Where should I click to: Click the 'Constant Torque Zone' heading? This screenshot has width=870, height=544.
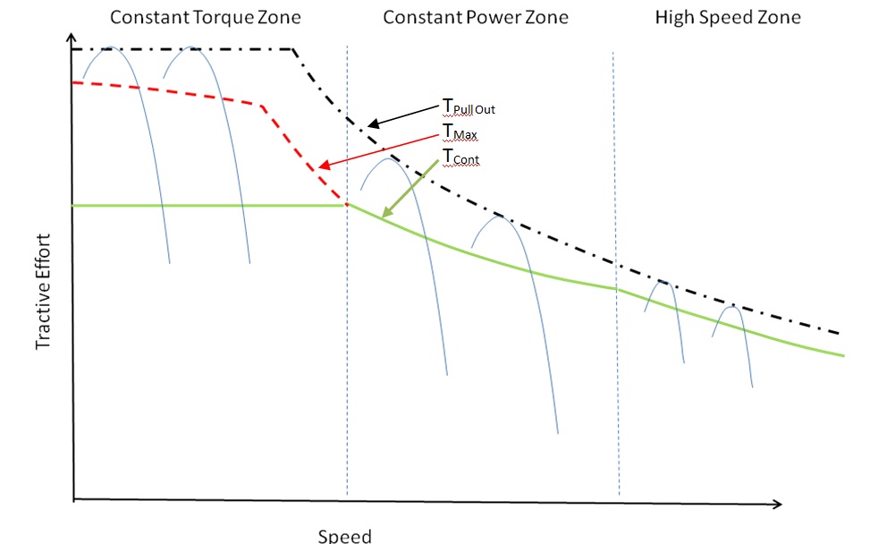[206, 18]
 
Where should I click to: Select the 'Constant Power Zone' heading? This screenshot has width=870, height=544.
[476, 18]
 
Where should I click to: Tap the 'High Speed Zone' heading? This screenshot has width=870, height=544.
[728, 18]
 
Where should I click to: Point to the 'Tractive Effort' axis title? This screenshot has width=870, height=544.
[43, 292]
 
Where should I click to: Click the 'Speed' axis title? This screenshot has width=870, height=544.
[344, 536]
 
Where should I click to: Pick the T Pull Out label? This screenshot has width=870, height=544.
[469, 106]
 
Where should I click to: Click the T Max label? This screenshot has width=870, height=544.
[460, 132]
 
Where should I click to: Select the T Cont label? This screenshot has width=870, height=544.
[460, 157]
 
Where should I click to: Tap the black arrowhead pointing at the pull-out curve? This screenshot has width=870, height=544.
[374, 123]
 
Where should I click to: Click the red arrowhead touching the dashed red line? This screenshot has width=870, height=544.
[325, 165]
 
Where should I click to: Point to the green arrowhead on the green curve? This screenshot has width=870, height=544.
[388, 211]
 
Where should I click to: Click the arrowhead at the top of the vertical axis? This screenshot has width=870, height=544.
[71, 38]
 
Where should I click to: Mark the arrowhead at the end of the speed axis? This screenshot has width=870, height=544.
[777, 504]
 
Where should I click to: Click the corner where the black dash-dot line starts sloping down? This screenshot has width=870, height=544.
[293, 49]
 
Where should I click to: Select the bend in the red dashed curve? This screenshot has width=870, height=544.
[261, 105]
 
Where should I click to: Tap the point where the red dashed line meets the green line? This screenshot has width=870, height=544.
[347, 205]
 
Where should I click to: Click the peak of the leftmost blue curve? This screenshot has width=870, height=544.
[110, 47]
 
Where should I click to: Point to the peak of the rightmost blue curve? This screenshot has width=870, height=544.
[733, 307]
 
